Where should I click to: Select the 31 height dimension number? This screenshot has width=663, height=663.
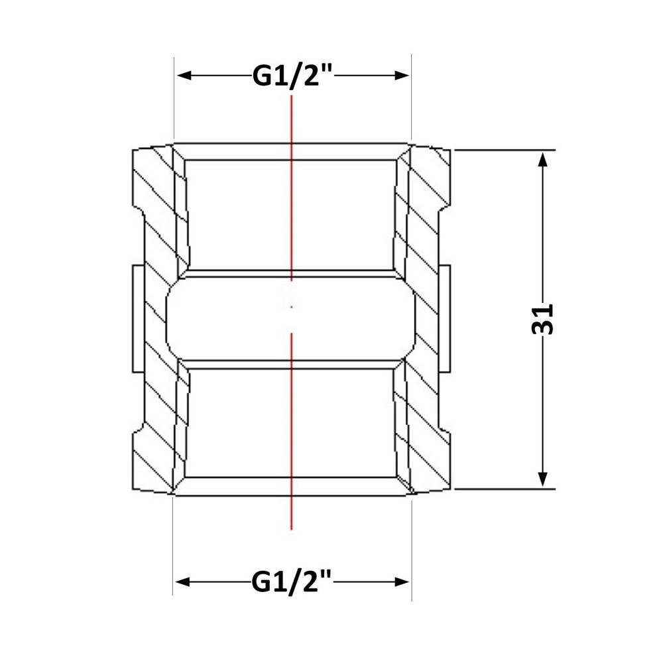coord(542,319)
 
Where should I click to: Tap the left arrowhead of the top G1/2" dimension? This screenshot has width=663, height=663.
coord(184,76)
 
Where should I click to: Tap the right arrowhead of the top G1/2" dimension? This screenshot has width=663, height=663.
coord(402,76)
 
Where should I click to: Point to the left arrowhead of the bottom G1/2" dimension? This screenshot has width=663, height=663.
coord(183,582)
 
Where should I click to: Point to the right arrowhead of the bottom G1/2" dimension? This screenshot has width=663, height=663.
coord(402,582)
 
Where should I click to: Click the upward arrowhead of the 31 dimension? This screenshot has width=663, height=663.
coord(544,159)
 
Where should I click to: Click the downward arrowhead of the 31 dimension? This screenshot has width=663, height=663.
coord(544,479)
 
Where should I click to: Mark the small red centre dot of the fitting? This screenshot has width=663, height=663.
coord(291,307)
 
